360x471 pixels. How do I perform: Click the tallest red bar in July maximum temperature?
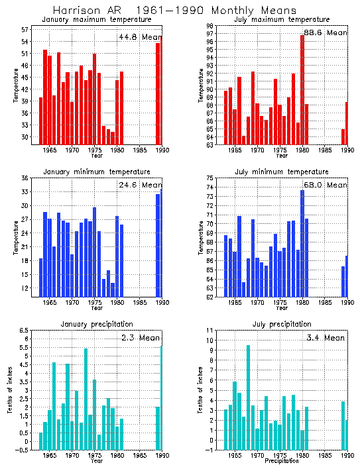pos(302,89)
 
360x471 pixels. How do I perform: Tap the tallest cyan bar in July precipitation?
pos(249,397)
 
